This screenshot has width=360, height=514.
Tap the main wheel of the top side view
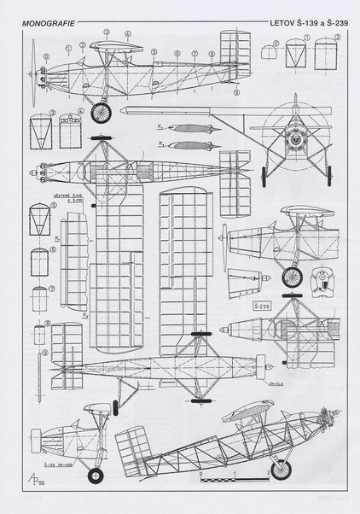point(103,111)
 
